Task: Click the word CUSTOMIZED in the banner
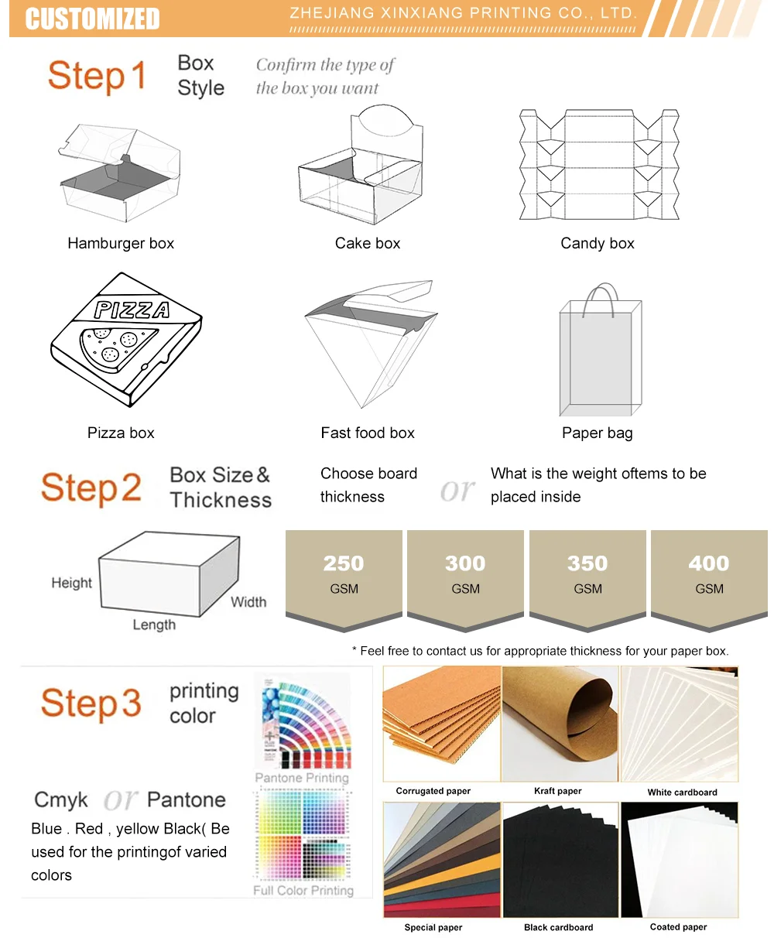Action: click(93, 19)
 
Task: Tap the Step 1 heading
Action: click(98, 76)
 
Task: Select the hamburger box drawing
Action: click(119, 173)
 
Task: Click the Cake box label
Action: click(368, 243)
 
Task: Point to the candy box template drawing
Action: click(599, 164)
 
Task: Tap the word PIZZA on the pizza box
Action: click(132, 310)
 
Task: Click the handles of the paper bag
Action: click(601, 300)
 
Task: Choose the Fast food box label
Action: click(368, 433)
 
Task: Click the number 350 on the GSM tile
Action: click(587, 563)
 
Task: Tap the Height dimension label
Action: click(71, 583)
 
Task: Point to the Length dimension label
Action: click(154, 625)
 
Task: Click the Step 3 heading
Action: click(91, 703)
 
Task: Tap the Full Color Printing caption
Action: click(303, 890)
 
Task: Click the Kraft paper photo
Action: click(560, 724)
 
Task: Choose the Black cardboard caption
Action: click(558, 927)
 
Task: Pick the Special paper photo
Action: click(442, 860)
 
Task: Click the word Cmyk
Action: click(61, 800)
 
